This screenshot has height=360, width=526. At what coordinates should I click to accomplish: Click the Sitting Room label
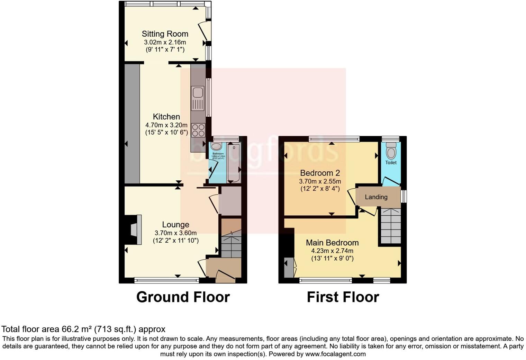pyautogui.click(x=165, y=34)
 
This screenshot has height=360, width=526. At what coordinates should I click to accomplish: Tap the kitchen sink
pyautogui.click(x=198, y=93)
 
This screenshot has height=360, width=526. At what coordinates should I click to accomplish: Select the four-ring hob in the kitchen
pyautogui.click(x=198, y=130)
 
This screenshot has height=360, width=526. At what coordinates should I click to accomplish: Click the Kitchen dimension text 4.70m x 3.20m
pyautogui.click(x=166, y=125)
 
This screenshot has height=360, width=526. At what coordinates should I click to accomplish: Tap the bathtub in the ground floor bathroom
pyautogui.click(x=234, y=163)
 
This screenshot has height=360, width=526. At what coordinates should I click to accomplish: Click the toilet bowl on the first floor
pyautogui.click(x=391, y=152)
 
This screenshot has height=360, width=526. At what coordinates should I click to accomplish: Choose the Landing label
pyautogui.click(x=376, y=197)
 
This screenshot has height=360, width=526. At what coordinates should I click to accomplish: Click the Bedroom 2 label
pyautogui.click(x=320, y=173)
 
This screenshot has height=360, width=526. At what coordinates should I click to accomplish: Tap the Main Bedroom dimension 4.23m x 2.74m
pyautogui.click(x=332, y=251)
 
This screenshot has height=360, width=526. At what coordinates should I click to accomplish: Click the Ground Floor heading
pyautogui.click(x=183, y=297)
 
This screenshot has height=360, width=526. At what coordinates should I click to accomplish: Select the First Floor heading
pyautogui.click(x=343, y=297)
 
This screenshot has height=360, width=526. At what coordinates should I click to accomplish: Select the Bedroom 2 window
pyautogui.click(x=334, y=139)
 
